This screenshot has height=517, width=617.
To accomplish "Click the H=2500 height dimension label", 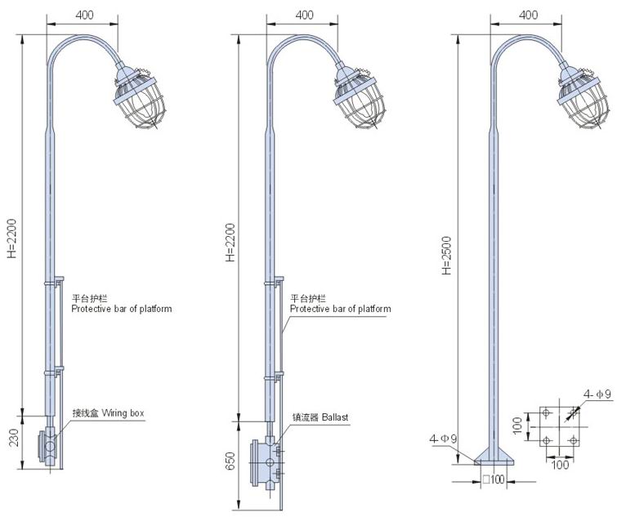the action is [x=446, y=255].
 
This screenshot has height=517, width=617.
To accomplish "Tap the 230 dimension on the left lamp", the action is [x=14, y=438].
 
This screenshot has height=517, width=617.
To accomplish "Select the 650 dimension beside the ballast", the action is [x=230, y=461].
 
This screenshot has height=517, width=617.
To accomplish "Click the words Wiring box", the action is [x=123, y=412].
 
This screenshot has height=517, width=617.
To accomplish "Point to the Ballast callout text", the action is [x=335, y=417].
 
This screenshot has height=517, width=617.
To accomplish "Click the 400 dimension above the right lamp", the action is [x=528, y=15].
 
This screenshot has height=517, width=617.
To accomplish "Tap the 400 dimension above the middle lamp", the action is [x=304, y=15].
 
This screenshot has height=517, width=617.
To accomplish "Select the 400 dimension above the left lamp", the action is [x=84, y=15].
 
